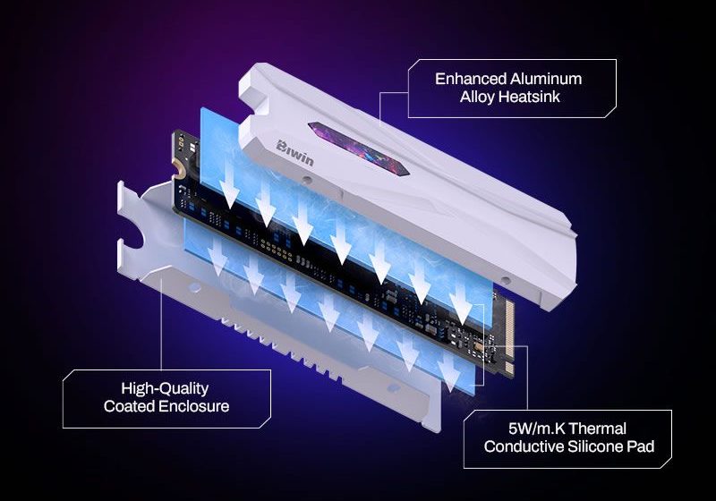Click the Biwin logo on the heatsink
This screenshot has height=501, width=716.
295,153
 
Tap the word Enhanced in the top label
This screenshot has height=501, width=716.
471,79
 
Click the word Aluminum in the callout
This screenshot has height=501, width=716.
546,79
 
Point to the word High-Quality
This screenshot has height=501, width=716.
165,388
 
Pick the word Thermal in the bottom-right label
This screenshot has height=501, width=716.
598,429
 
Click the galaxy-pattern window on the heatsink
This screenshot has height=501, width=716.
359,148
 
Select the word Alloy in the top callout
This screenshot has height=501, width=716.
477,97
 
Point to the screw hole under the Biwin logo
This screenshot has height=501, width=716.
308,179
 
